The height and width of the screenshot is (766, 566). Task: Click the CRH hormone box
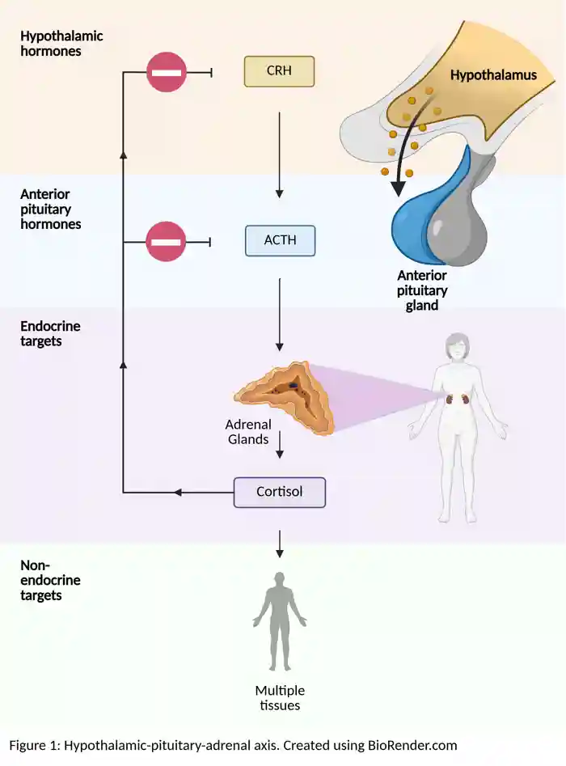point(279,71)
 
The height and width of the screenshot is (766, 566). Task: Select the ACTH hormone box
point(280,240)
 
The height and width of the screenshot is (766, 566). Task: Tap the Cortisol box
point(280,492)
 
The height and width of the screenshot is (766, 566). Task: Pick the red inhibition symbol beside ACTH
point(166,242)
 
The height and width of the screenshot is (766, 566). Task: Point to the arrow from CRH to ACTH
point(280,154)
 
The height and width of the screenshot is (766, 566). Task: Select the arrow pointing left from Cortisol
point(202,493)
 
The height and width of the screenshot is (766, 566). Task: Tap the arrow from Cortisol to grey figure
point(280,544)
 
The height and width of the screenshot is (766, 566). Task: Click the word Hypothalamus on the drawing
point(493,75)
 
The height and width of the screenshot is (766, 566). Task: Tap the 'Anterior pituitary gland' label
point(422,290)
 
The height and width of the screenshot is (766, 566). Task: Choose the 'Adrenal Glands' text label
point(248,432)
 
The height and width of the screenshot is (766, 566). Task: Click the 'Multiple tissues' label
point(280,698)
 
